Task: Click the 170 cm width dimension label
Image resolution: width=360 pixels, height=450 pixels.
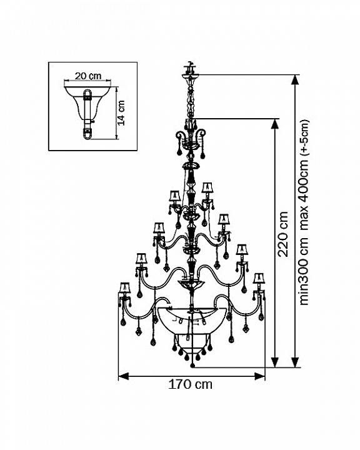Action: tap(190, 384)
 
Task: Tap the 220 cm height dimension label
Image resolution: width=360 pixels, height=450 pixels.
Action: tap(283, 234)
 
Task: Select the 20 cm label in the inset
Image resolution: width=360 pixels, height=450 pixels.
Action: tap(88, 76)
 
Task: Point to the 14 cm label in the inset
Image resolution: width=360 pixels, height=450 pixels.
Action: tap(121, 112)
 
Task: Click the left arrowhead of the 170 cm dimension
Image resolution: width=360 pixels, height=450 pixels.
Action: tap(123, 376)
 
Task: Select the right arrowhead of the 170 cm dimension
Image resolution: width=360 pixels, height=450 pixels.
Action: tap(260, 376)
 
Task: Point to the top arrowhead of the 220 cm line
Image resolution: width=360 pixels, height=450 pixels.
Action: tap(275, 124)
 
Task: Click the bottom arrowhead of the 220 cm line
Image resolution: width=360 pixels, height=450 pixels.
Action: tap(275, 362)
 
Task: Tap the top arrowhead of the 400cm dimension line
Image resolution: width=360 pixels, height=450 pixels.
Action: tap(295, 79)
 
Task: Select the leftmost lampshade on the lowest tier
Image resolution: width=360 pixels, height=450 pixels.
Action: tap(124, 288)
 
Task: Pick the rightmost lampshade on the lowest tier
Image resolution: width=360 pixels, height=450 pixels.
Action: tap(259, 278)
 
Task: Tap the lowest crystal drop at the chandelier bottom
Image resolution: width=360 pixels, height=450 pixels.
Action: tap(192, 366)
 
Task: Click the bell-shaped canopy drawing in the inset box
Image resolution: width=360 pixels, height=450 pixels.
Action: tap(87, 112)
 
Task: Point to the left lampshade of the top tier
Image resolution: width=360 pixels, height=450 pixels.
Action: tap(174, 196)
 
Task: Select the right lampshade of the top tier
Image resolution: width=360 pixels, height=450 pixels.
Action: tap(207, 187)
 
